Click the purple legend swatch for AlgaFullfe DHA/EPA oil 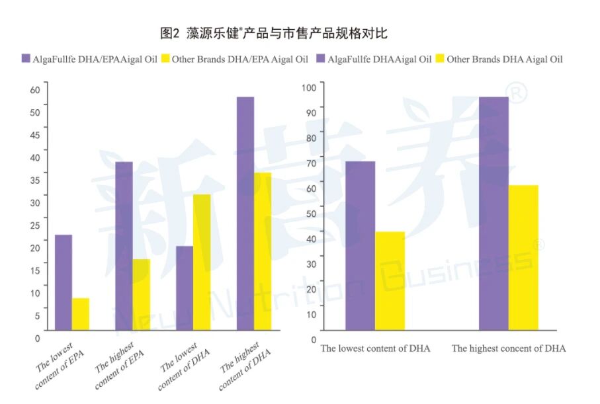point(26,60)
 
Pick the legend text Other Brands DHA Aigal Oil point(504,60)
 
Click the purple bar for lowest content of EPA point(64,282)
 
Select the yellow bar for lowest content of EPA point(81,314)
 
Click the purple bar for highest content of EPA point(124,246)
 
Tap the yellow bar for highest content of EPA point(141,294)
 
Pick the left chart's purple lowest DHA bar point(185,288)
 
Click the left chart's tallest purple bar point(245,213)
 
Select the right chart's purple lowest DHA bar point(360,245)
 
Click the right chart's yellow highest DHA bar point(523,257)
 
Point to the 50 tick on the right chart point(312,213)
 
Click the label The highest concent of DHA point(508,348)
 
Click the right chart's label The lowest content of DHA point(375,348)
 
